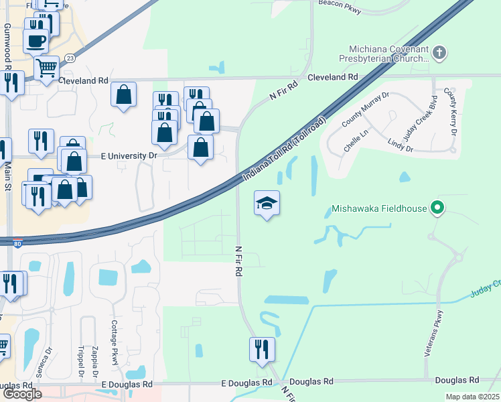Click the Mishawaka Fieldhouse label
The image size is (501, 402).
pos(379,208)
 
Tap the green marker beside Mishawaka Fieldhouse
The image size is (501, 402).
pos(437,208)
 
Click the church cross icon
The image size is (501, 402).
pos(439,52)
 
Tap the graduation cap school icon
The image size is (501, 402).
pos(267,204)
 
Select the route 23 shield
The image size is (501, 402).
pos(70,59)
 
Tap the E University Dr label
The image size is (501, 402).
pos(129,156)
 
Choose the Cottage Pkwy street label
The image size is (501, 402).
pos(115,346)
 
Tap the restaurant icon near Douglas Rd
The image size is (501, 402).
pos(261,350)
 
